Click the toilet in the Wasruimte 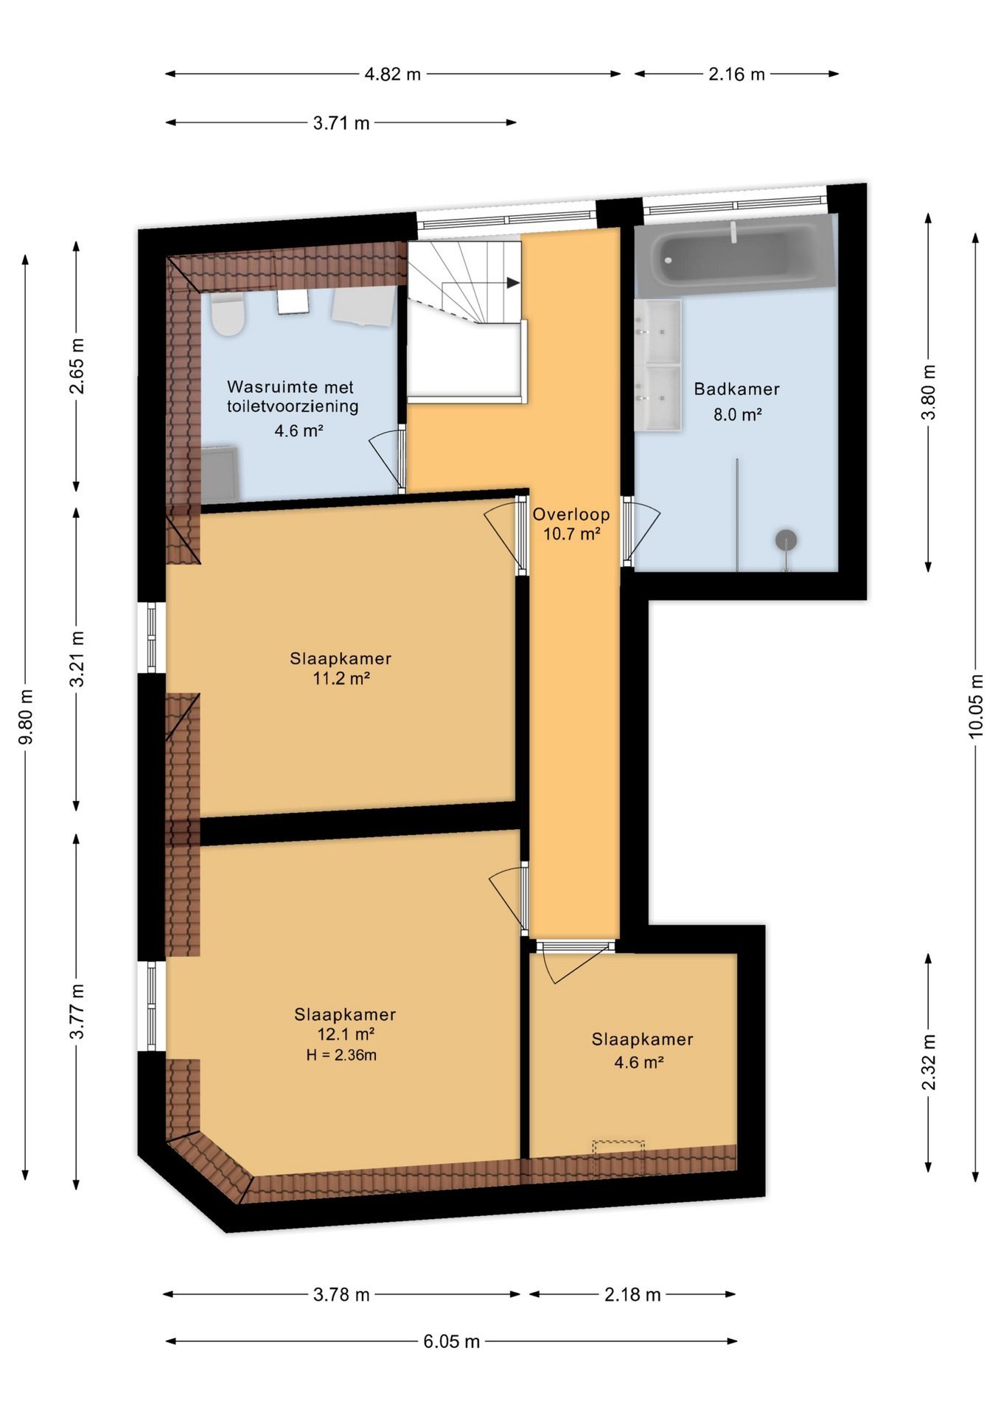coord(227,315)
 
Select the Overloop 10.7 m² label coord(571,524)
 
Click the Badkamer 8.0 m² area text coord(736,402)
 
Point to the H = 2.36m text coord(341,1055)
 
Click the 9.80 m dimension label coord(26,717)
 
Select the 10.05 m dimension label coord(975,705)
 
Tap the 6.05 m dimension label coord(451,1341)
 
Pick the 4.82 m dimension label coord(392,74)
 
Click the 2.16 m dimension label coord(736,74)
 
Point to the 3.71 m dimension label coord(341,123)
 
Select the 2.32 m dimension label coord(929,1061)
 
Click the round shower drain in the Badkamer coord(786,540)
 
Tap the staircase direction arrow coord(513,283)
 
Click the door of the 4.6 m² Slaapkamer coord(575,961)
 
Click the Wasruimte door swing coord(388,460)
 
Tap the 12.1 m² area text coord(346,1034)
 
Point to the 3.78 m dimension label coord(341,1294)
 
